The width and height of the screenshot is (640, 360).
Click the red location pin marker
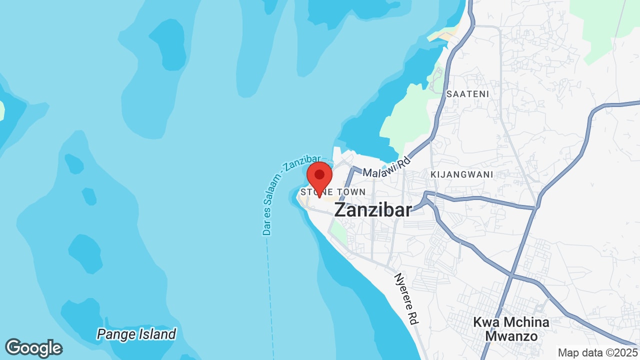coord(319,176)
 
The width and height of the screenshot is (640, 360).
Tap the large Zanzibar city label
coord(373,210)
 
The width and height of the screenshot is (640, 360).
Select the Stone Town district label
coord(333,192)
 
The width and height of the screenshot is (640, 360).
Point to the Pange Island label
coord(136,334)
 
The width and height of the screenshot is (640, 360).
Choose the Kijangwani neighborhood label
coord(461,174)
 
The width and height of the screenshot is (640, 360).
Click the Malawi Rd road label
coord(386,167)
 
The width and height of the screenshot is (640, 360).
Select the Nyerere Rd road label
coord(406,299)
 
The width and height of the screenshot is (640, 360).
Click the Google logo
coord(33,348)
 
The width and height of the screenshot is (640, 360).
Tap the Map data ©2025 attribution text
coord(598,352)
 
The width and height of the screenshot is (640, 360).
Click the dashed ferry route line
coord(270,300)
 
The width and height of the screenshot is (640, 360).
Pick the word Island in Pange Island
coord(157,334)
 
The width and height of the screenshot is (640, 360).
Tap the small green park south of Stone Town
coord(339,232)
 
